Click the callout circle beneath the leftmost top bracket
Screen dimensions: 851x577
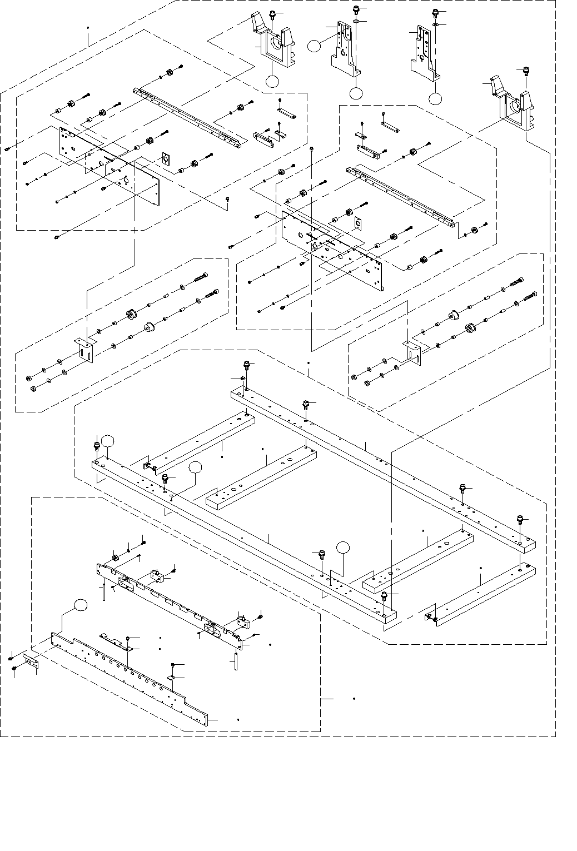(272, 81)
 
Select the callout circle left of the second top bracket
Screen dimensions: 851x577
(315, 46)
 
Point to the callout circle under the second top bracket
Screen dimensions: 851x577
(356, 93)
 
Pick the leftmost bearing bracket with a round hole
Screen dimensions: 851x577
(275, 46)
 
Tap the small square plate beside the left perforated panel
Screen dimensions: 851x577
(166, 159)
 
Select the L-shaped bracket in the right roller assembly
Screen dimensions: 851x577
(411, 351)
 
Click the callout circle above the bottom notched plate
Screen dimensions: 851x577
(81, 605)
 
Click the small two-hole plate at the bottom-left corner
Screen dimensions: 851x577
(31, 661)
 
